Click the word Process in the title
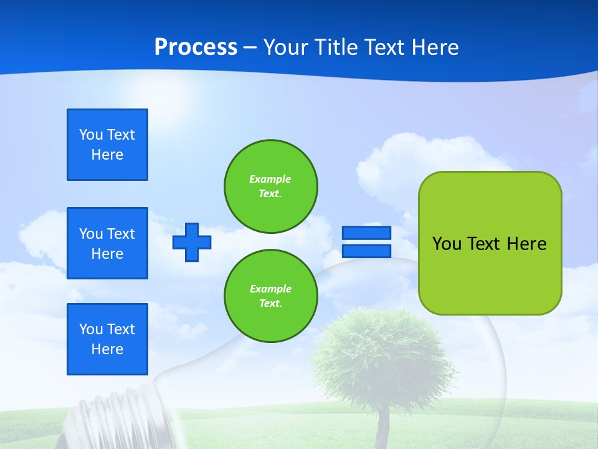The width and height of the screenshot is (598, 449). tap(196, 47)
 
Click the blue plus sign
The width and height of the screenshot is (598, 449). tap(192, 242)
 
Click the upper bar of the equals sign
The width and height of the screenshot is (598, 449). tap(366, 233)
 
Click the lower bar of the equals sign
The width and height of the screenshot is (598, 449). tap(366, 251)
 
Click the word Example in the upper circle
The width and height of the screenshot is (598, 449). tap(270, 179)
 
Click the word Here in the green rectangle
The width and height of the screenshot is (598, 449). tap(526, 244)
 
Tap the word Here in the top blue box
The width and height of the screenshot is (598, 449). tap(107, 155)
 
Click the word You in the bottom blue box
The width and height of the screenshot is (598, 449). tap(91, 329)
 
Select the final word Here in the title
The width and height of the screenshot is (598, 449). tap(434, 47)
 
